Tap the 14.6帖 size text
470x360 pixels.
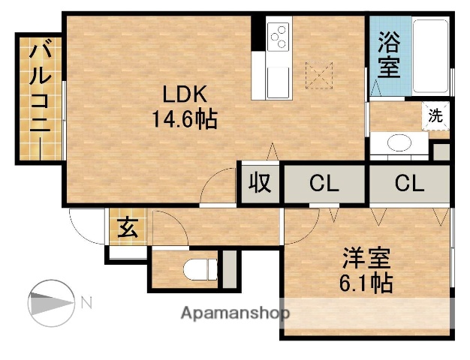pos(185,118)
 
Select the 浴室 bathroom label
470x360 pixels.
pos(389,55)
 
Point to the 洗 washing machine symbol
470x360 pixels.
pos(435,116)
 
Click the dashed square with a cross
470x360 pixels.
pos(318,75)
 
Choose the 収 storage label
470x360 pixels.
pos(260,183)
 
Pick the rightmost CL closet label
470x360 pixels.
pos(410,183)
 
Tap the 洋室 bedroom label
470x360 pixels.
pos(366,259)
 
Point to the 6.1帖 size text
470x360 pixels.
pos(366,284)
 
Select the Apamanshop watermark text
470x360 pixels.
pos(233,313)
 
